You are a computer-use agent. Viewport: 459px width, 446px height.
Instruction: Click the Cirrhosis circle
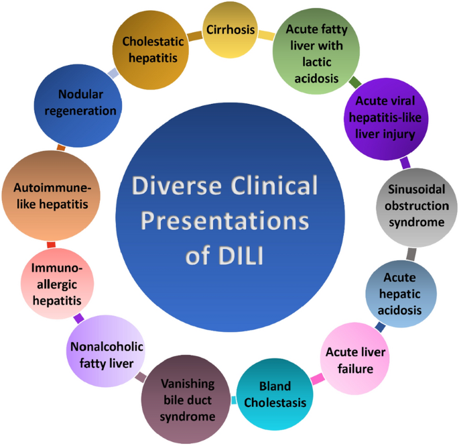(x=231, y=31)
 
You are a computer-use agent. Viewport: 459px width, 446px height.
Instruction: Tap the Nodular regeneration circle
(x=78, y=106)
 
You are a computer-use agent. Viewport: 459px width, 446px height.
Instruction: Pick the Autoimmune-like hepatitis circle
(x=51, y=196)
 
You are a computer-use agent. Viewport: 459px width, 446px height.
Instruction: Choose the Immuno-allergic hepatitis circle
(x=58, y=284)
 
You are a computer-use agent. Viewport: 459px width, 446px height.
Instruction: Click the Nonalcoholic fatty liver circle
(x=106, y=351)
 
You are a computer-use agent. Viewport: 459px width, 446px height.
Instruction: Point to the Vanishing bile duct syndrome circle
(x=186, y=400)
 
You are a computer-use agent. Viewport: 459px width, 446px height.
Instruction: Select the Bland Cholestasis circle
(x=275, y=394)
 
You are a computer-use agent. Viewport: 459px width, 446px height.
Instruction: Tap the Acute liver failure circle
(x=354, y=358)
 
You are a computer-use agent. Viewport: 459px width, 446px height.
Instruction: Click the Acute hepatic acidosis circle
(x=401, y=294)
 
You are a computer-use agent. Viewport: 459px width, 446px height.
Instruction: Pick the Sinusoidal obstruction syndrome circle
(x=417, y=207)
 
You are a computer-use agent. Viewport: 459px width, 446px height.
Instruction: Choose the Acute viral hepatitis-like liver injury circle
(x=386, y=119)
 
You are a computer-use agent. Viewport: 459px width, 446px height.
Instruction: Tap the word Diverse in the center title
(x=176, y=186)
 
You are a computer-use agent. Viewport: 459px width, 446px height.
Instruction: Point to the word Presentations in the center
(x=225, y=221)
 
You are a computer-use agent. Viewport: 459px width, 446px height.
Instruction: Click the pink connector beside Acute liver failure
(x=318, y=379)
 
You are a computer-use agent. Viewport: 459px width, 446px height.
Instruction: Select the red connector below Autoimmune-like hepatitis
(x=51, y=245)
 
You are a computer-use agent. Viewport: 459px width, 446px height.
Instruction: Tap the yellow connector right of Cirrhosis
(x=267, y=35)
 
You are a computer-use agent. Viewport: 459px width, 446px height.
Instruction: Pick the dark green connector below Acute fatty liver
(x=355, y=82)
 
